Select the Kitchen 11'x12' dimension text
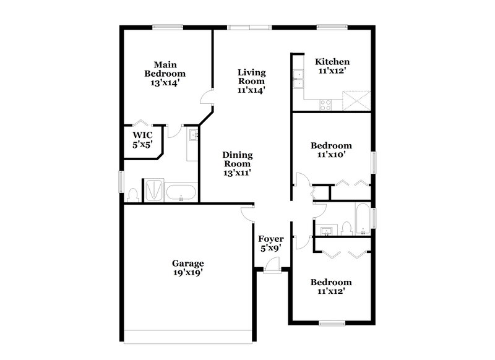pyautogui.click(x=333, y=71)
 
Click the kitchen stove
pyautogui.click(x=325, y=104)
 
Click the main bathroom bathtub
pyautogui.click(x=181, y=192)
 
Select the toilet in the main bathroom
pyautogui.click(x=132, y=194)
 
